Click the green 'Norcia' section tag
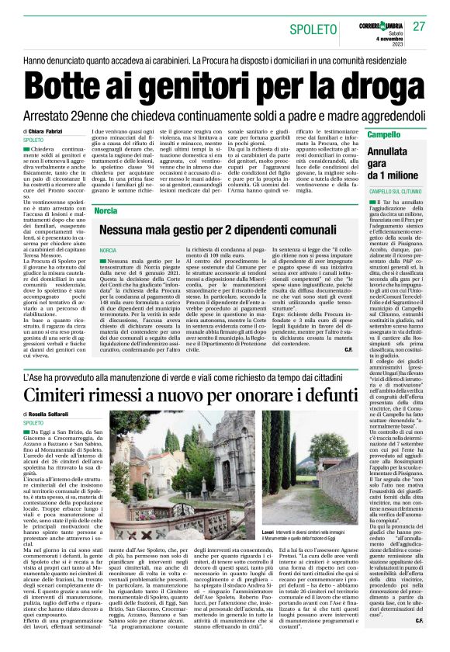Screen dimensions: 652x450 pyautogui.click(x=106, y=211)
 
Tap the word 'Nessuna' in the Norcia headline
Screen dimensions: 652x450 pyautogui.click(x=134, y=231)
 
